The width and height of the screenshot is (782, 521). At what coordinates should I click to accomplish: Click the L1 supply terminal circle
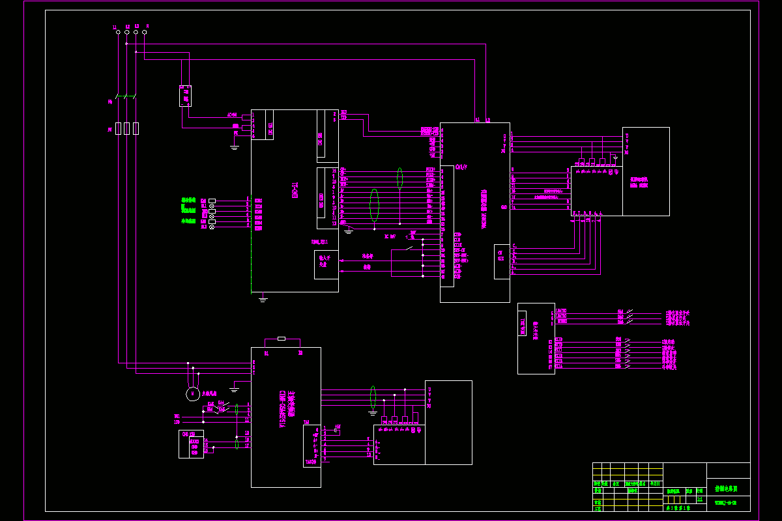click(x=118, y=31)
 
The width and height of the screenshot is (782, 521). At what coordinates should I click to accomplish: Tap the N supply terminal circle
click(x=144, y=31)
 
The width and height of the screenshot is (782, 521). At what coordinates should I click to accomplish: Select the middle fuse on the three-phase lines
click(x=127, y=128)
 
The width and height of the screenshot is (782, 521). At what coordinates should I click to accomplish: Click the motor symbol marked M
click(x=192, y=393)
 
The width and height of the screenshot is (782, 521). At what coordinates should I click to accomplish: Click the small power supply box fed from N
click(x=185, y=96)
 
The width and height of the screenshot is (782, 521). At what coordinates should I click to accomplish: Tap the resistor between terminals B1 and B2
click(x=281, y=339)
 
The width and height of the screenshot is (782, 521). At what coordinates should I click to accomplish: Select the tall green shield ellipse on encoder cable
click(x=374, y=205)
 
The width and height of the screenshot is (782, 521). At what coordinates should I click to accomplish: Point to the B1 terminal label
click(x=267, y=353)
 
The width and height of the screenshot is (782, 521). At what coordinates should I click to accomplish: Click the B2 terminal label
click(x=300, y=353)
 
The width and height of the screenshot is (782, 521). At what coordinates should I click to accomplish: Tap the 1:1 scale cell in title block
click(x=700, y=499)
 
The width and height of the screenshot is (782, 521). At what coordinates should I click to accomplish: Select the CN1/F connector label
click(x=461, y=167)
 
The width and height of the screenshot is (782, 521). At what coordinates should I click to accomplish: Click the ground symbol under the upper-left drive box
click(x=263, y=299)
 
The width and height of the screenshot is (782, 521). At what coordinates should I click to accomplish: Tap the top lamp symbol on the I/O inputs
click(x=212, y=206)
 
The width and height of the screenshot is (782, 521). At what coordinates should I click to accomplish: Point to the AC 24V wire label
click(x=232, y=115)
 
